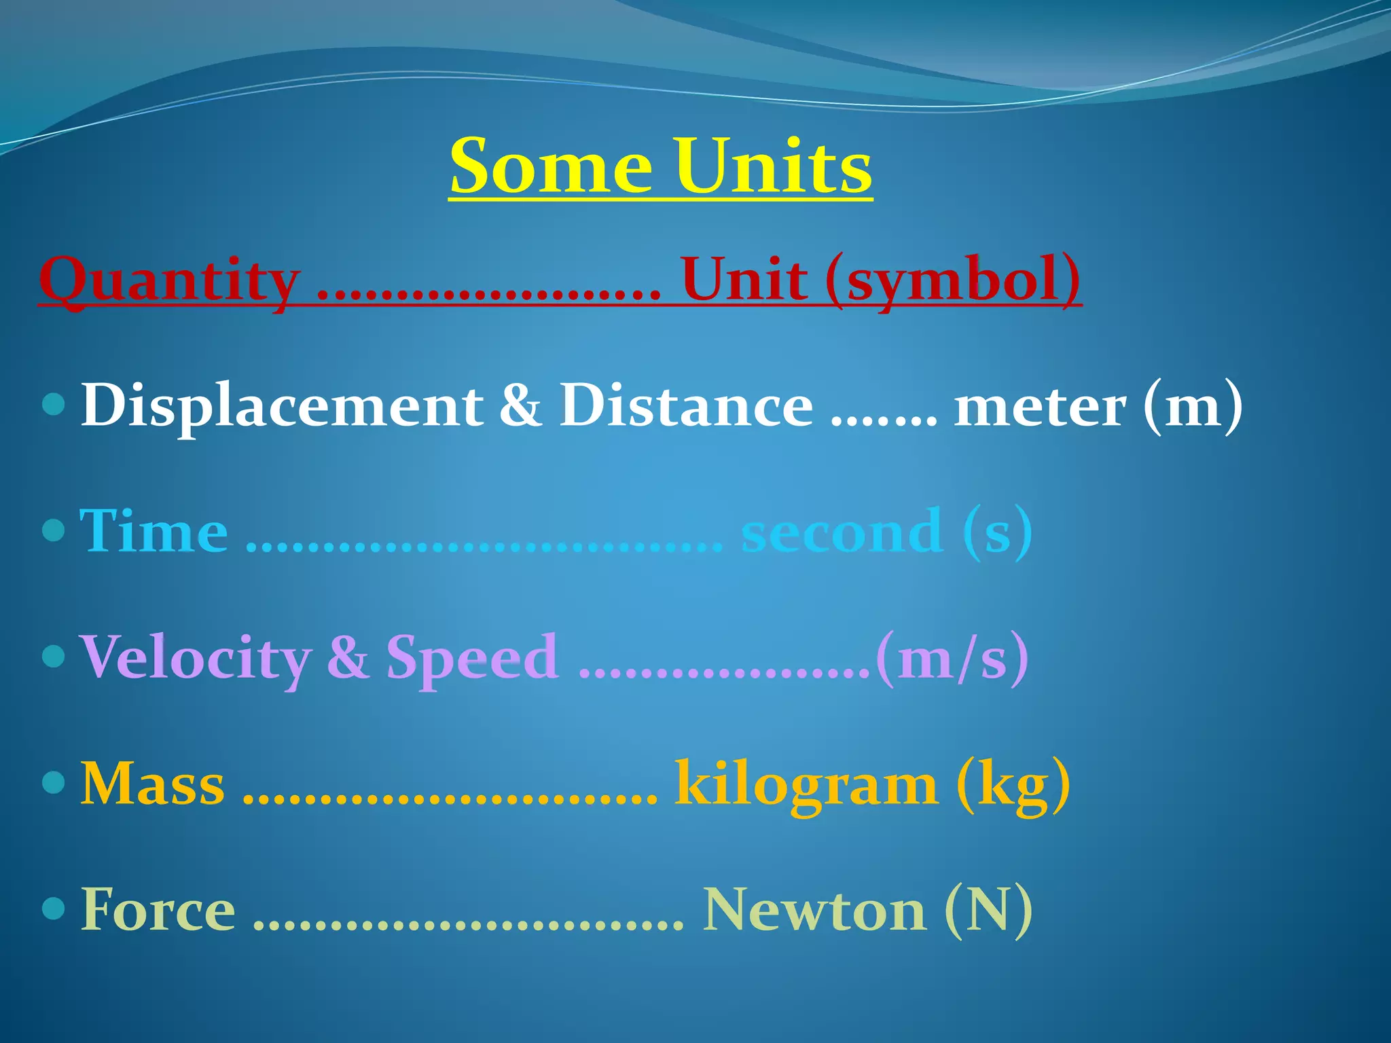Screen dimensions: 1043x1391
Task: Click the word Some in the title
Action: coord(551,166)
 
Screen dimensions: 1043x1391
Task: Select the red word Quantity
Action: coord(170,280)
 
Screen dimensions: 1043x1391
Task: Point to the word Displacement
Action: coord(282,406)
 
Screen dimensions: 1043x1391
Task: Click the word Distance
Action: coord(686,406)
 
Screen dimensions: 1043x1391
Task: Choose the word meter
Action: coord(1040,406)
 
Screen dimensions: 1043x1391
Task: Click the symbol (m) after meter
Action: coord(1193,406)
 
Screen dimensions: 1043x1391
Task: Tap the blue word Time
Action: coord(154,531)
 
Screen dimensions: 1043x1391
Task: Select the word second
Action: coord(842,531)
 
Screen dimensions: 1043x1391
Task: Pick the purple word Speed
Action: coord(473,657)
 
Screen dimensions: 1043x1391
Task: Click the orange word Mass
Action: coord(153,784)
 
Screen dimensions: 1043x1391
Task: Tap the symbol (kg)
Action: coord(1013,784)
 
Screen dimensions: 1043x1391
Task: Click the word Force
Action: coord(158,909)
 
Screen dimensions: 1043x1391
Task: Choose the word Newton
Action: coord(814,909)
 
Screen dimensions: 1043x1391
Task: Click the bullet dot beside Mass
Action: coord(53,782)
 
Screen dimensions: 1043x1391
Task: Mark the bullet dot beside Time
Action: coord(53,530)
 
